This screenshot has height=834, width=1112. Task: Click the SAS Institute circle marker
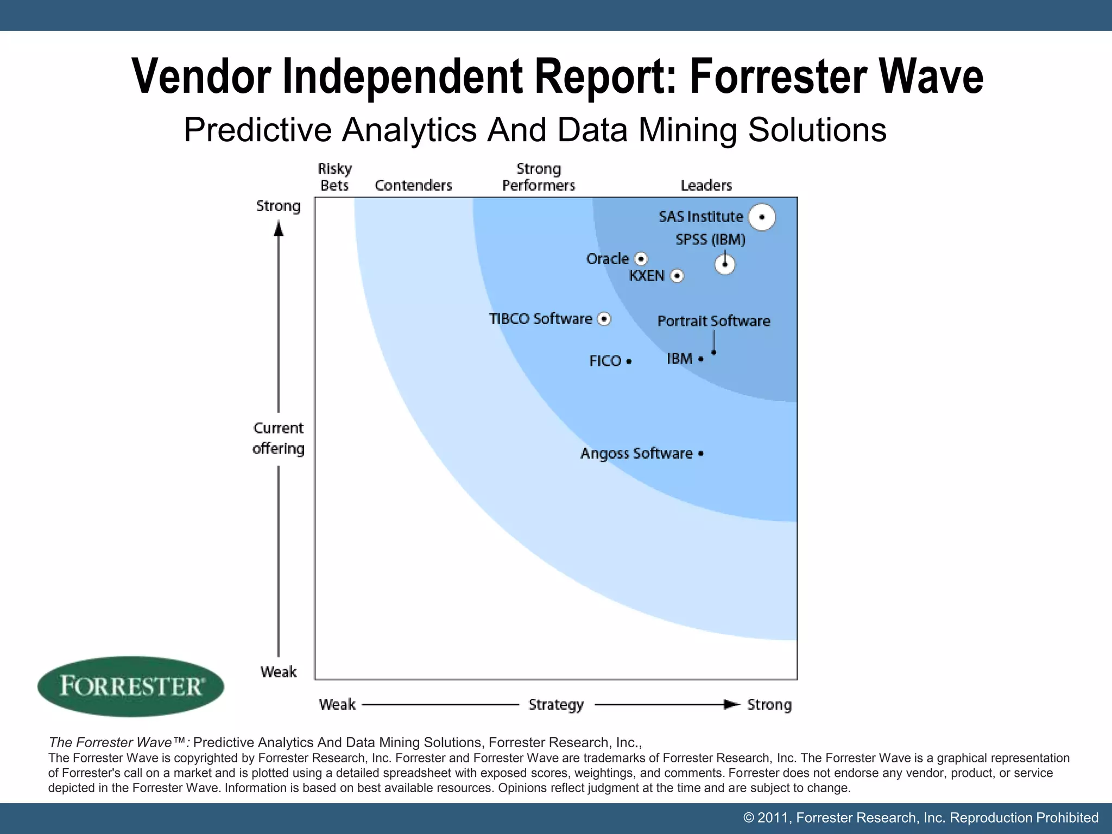(x=762, y=217)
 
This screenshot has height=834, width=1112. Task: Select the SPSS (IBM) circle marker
(x=725, y=264)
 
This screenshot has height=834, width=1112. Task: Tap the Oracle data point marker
(x=641, y=258)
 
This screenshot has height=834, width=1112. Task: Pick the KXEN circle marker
(x=677, y=276)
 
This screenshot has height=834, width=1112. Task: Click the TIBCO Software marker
(x=604, y=319)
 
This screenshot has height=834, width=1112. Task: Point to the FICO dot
(x=629, y=361)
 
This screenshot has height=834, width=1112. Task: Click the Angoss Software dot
(x=701, y=453)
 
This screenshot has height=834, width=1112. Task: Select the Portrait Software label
(x=713, y=321)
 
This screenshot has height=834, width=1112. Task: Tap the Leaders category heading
(x=706, y=186)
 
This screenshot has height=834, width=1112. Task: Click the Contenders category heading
(x=413, y=186)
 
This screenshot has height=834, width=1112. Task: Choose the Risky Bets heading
(x=334, y=177)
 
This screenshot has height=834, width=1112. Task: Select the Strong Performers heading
(x=538, y=177)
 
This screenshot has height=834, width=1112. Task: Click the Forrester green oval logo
(x=130, y=686)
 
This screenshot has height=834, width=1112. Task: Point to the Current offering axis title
(x=278, y=438)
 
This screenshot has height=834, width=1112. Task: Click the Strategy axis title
(x=556, y=705)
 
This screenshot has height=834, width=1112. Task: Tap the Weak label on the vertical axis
(x=279, y=672)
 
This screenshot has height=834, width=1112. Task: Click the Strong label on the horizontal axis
(x=769, y=705)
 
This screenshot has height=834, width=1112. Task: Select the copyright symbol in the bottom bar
(x=749, y=818)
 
